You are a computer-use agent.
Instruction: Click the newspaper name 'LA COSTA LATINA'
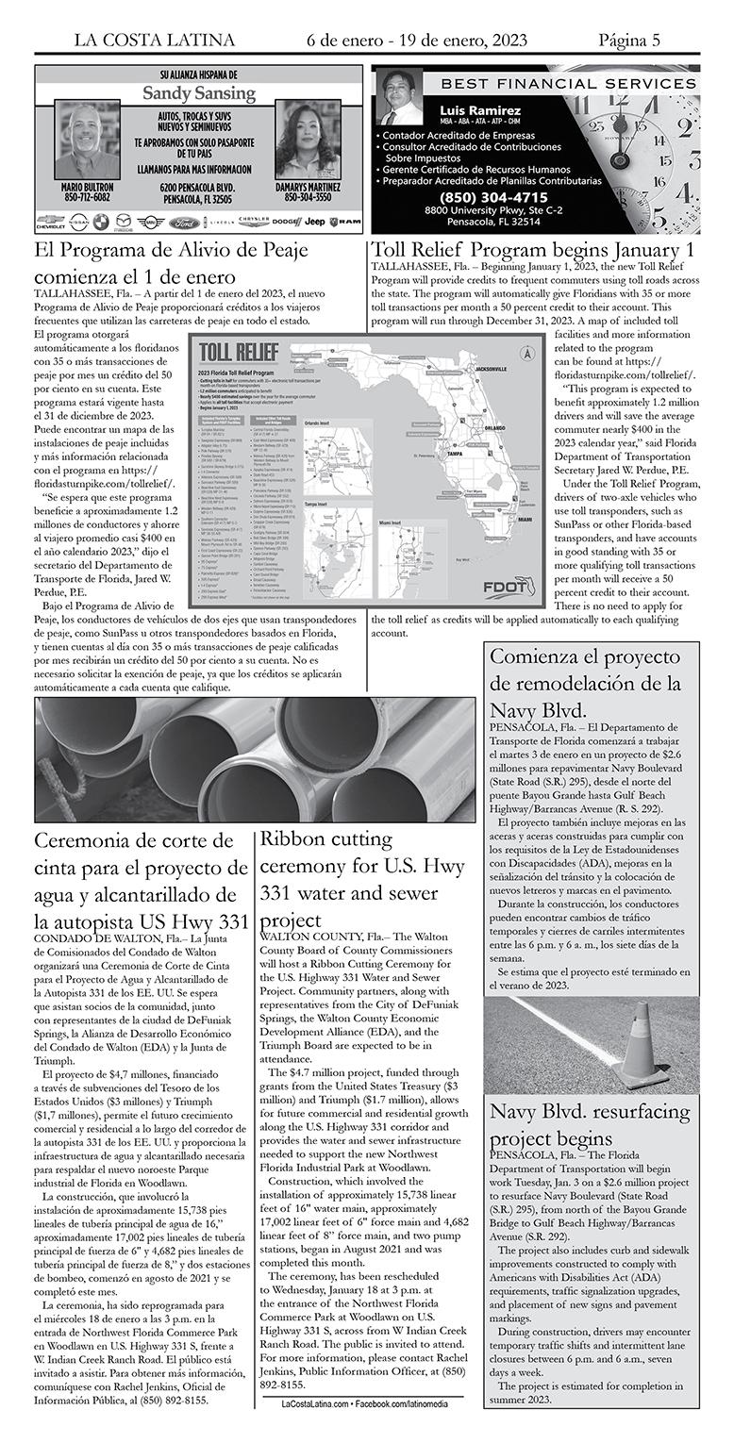pyautogui.click(x=155, y=40)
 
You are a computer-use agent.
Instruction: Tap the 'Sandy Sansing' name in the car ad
pyautogui.click(x=198, y=93)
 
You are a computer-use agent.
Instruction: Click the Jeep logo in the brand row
pyautogui.click(x=314, y=222)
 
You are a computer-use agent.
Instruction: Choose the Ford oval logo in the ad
pyautogui.click(x=185, y=224)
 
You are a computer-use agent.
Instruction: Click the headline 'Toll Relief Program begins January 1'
pyautogui.click(x=534, y=251)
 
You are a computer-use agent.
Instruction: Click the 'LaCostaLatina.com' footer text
pyautogui.click(x=314, y=1403)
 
